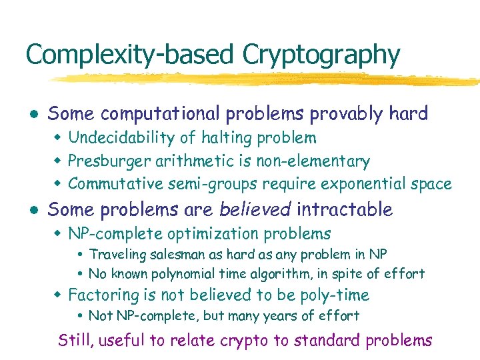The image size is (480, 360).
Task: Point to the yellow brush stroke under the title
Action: click(x=267, y=79)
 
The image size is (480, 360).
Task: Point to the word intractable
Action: click(x=345, y=209)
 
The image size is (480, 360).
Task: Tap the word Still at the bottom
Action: click(x=77, y=341)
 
